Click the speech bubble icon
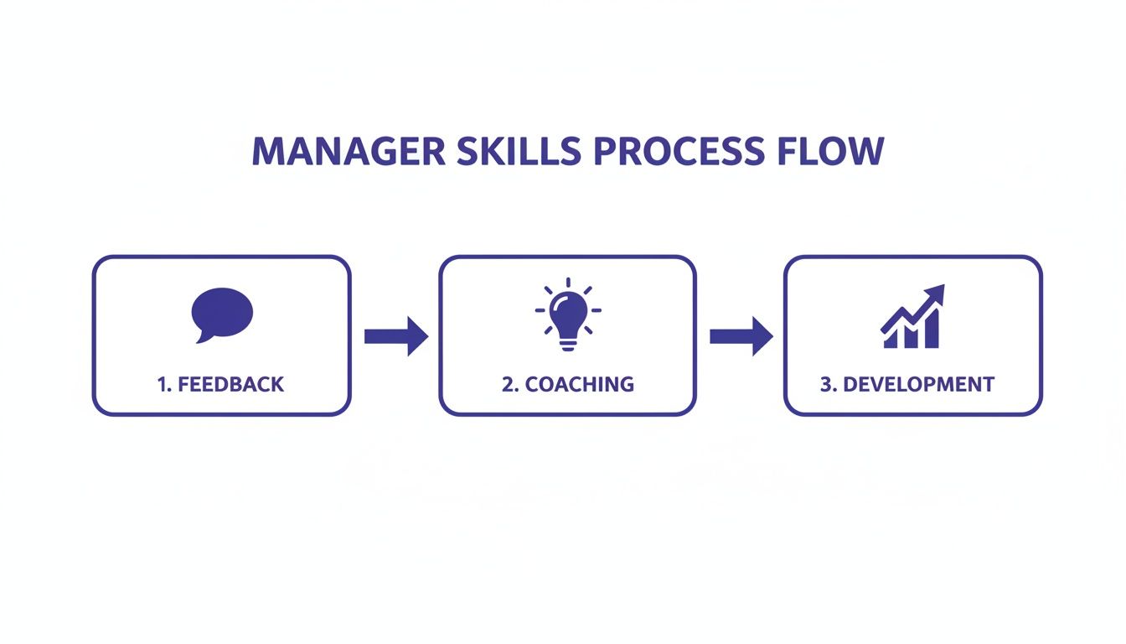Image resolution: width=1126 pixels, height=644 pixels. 222,313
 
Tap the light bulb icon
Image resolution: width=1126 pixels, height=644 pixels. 568,311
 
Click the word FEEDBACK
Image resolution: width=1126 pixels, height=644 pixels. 231,385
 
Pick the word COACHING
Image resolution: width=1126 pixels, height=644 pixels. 579,385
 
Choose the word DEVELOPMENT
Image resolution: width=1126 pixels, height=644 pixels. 918,385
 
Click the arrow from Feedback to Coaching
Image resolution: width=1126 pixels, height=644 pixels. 395,336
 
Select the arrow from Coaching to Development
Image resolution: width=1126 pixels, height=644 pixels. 741,336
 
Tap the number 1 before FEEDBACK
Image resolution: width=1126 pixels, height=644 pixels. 161,385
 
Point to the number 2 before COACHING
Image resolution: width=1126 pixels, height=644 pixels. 508,385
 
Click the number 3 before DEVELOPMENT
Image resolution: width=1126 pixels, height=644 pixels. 826,385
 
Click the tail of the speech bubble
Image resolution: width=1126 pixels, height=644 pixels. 201,338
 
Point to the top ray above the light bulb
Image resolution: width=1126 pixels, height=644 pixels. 568,282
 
